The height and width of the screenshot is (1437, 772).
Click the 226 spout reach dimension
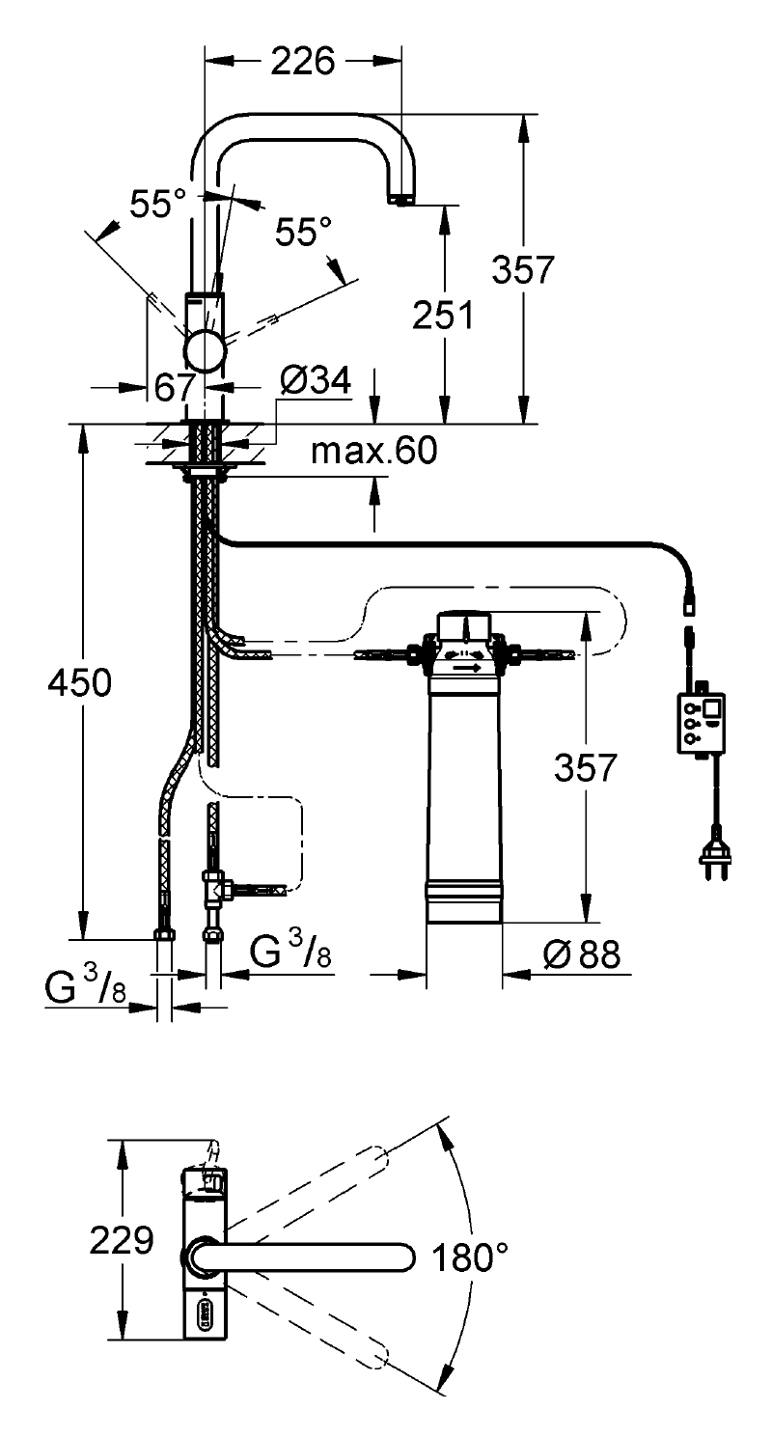click(303, 62)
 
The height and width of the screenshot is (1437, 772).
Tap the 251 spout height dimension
click(443, 315)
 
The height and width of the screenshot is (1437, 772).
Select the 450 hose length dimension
click(79, 682)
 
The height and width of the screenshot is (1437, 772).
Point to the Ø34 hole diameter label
click(317, 380)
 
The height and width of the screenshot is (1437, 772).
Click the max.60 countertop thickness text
click(374, 451)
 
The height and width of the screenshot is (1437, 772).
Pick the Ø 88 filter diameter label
click(582, 954)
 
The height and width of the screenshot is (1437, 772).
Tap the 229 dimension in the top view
click(122, 1240)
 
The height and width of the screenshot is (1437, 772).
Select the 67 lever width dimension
click(175, 387)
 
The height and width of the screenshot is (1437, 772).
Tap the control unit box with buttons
click(701, 722)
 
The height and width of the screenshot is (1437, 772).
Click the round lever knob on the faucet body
click(205, 351)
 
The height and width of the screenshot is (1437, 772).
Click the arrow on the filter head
click(467, 668)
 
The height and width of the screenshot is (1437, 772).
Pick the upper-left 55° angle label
click(158, 204)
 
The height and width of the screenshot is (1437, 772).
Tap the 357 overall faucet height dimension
click(522, 269)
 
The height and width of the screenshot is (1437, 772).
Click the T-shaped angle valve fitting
click(213, 889)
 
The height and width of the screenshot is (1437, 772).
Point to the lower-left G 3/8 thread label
click(85, 987)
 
